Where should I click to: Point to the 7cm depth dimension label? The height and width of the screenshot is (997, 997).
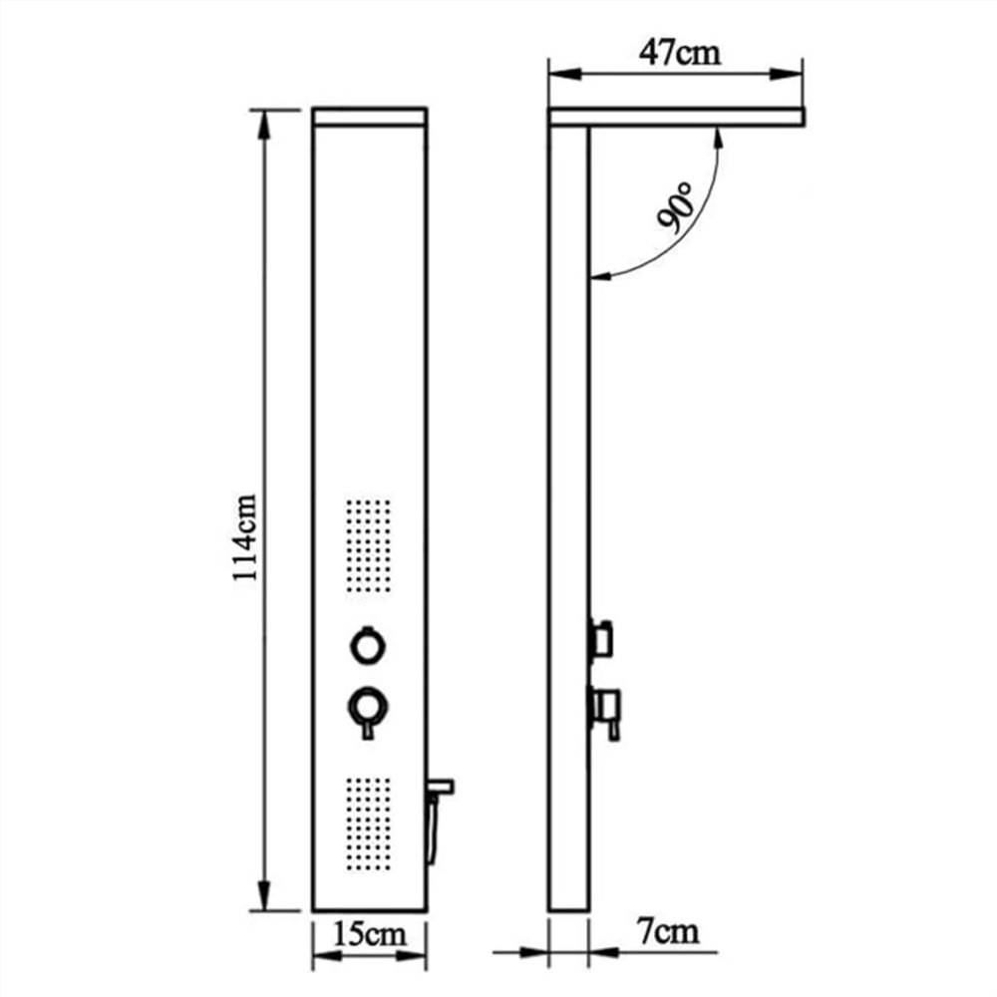667,933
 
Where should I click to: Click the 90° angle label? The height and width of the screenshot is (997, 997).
675,208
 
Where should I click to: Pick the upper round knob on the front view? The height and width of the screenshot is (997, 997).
366,645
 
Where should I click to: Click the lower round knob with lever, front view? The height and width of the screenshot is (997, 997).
366,709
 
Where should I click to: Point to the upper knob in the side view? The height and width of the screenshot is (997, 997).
601,639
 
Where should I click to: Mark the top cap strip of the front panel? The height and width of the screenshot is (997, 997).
370,116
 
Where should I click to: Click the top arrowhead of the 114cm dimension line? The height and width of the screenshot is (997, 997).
265,119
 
